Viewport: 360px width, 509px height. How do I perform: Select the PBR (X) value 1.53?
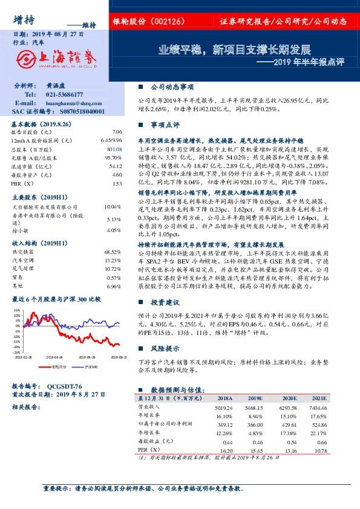click(x=117, y=183)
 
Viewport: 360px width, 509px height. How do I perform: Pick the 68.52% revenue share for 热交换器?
click(x=114, y=251)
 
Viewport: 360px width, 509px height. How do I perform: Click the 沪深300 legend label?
click(x=91, y=367)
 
